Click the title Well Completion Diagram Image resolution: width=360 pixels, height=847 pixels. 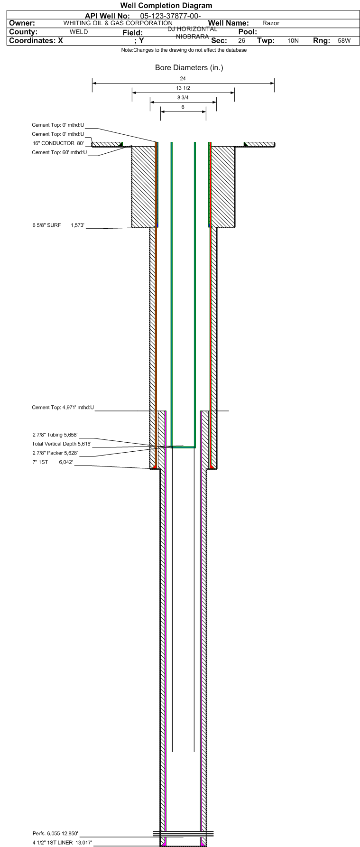166,6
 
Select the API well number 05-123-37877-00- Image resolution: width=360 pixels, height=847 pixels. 171,16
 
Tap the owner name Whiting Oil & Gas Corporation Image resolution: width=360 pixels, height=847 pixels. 118,23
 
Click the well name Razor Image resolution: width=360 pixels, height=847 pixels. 271,23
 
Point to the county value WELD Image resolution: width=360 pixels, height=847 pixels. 79,32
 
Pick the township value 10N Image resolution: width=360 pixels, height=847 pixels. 293,41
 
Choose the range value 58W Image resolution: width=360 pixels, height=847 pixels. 344,41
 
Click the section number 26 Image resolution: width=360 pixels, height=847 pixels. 241,41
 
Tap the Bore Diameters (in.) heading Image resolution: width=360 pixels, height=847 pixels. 189,68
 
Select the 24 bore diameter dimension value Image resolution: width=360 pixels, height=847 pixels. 183,78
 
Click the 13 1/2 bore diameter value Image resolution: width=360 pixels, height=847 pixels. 183,88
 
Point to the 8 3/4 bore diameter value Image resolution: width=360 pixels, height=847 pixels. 183,98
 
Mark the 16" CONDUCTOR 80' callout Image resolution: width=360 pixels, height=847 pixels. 58,143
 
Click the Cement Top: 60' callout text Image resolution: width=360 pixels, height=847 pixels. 59,152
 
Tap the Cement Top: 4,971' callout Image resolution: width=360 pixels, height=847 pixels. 63,407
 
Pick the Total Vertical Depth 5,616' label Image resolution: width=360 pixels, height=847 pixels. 62,444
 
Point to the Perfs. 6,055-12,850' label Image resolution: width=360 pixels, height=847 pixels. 55,833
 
